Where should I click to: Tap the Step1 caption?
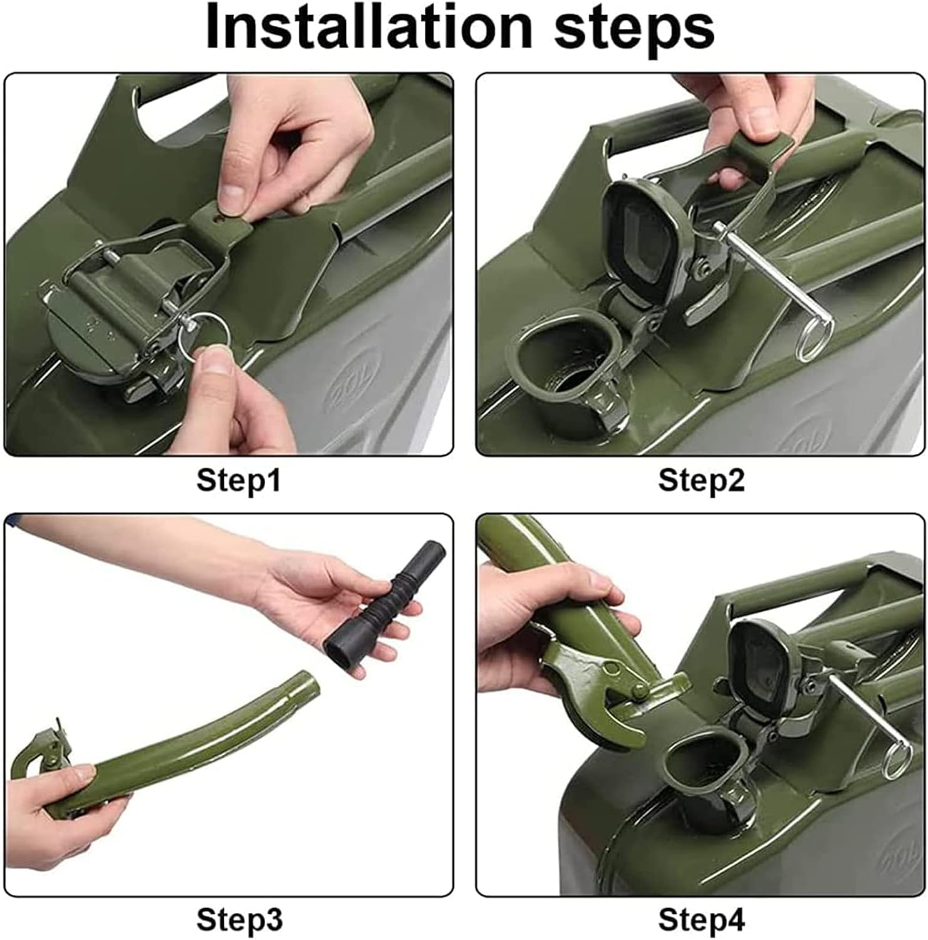point(239,481)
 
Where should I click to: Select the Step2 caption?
point(701,481)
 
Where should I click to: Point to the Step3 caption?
point(239,920)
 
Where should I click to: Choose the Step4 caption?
point(701,920)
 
